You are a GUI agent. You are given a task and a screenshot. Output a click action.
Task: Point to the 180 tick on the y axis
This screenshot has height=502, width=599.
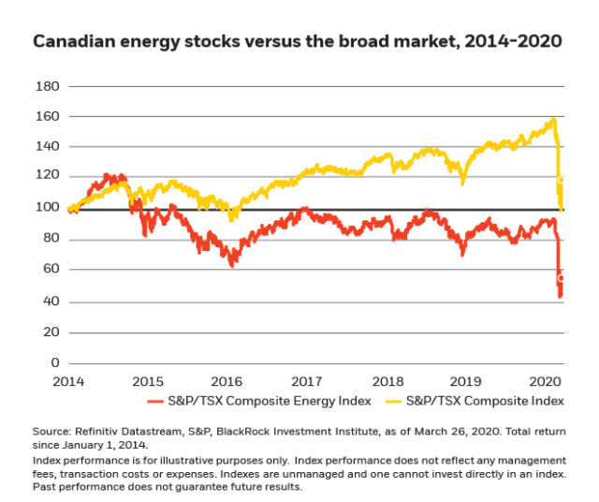(x=48, y=86)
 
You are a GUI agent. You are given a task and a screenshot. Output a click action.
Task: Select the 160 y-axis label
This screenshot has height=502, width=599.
(x=48, y=117)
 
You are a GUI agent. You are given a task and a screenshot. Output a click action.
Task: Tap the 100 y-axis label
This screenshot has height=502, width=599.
(x=48, y=208)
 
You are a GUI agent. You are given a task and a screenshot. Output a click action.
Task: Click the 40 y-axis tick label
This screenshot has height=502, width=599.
(x=51, y=302)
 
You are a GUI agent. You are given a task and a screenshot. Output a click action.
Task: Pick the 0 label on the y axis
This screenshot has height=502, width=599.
(x=55, y=362)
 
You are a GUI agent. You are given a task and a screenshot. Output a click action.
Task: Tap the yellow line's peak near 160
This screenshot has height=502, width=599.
(x=554, y=119)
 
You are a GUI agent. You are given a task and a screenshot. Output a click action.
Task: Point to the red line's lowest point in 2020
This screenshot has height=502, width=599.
(x=560, y=297)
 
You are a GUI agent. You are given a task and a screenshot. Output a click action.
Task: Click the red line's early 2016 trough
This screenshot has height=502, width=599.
(x=232, y=265)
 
